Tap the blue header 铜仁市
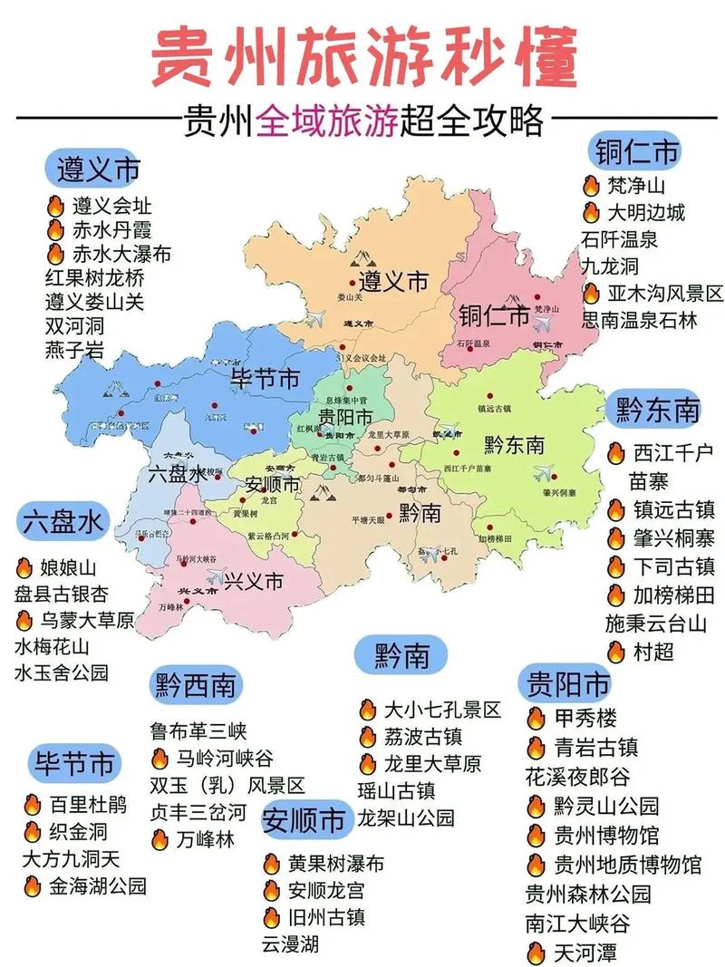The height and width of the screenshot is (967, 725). point(637,151)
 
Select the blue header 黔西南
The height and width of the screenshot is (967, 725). point(196,684)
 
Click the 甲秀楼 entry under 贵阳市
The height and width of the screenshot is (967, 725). point(585,719)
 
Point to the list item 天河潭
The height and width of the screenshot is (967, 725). point(585,952)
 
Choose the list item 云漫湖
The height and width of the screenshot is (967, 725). point(291,944)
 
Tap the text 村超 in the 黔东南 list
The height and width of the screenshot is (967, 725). point(653,652)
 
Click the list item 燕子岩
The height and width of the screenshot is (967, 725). point(73,348)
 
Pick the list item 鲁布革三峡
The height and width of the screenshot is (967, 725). point(198,730)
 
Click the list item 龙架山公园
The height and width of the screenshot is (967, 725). point(406,817)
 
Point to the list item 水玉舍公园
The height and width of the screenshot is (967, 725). point(62,672)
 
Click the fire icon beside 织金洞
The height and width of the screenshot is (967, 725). point(33,831)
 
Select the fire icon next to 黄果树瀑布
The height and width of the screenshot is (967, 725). point(272,864)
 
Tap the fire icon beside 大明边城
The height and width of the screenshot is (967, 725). point(591,214)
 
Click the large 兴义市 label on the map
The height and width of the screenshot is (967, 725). point(254,581)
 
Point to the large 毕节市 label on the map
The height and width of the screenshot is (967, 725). point(266,379)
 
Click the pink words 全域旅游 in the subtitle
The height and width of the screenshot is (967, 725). point(327,120)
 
